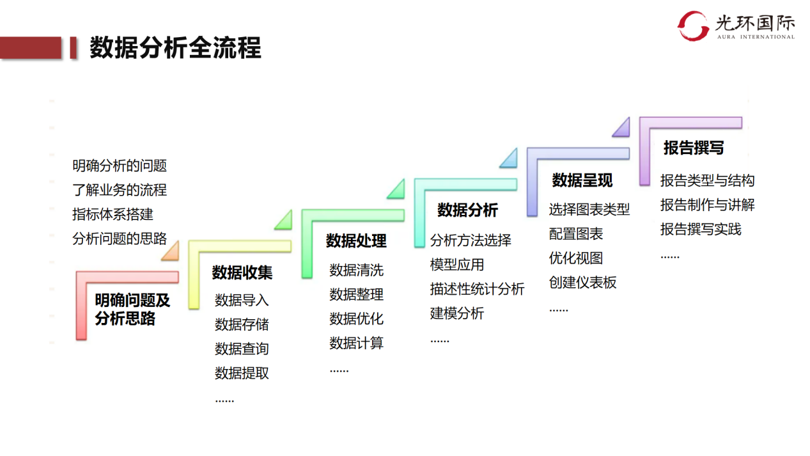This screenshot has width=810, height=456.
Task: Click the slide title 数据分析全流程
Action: click(175, 49)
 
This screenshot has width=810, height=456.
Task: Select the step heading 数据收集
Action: click(242, 273)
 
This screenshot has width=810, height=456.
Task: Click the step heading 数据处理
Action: click(356, 241)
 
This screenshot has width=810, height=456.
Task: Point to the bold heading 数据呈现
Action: click(582, 180)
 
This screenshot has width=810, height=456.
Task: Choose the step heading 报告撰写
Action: click(694, 148)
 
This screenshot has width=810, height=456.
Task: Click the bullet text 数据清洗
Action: click(356, 271)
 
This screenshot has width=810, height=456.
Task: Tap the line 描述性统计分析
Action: click(477, 289)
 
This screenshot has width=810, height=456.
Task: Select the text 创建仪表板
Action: click(582, 283)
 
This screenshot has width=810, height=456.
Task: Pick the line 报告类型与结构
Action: click(707, 180)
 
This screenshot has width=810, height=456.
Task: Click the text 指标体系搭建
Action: click(113, 214)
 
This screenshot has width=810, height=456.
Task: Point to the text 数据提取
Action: click(242, 373)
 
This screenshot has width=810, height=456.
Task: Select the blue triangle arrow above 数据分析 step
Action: click(509, 159)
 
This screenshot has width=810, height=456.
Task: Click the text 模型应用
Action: click(456, 265)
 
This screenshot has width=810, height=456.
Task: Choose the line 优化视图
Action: click(575, 258)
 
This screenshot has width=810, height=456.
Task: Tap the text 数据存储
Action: click(242, 325)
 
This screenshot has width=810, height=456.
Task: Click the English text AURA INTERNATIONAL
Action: click(754, 37)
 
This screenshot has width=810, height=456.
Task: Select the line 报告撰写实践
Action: click(701, 229)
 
